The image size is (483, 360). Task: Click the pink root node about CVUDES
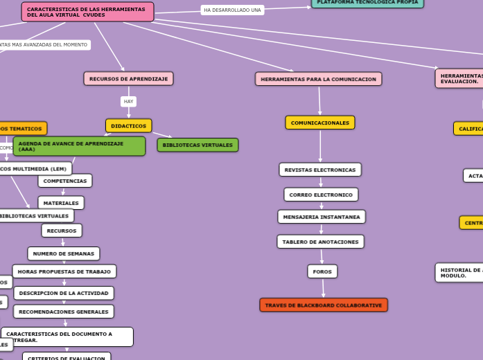87,12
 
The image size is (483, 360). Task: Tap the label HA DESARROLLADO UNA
232,10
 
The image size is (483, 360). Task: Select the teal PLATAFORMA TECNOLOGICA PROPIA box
367,3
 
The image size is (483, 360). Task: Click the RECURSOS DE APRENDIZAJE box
128,79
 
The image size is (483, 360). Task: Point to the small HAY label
128,102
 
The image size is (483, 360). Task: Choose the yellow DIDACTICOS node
128,126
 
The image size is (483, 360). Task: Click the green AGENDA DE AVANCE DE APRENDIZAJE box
79,146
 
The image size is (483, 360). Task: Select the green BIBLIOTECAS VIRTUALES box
197,145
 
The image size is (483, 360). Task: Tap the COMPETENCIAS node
65,181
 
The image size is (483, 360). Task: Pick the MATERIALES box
61,203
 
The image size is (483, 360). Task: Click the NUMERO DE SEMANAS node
64,253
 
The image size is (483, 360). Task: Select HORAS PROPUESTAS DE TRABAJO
64,271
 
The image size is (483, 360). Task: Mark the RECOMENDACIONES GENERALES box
64,312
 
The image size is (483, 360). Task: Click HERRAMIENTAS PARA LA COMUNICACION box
318,79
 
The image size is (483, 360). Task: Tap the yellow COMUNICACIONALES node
319,123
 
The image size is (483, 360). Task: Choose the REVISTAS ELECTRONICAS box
320,170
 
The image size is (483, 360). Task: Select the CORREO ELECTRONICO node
321,195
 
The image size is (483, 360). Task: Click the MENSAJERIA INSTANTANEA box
322,217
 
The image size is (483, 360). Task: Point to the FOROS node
322,271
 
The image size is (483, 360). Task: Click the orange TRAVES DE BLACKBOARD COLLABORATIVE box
324,305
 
